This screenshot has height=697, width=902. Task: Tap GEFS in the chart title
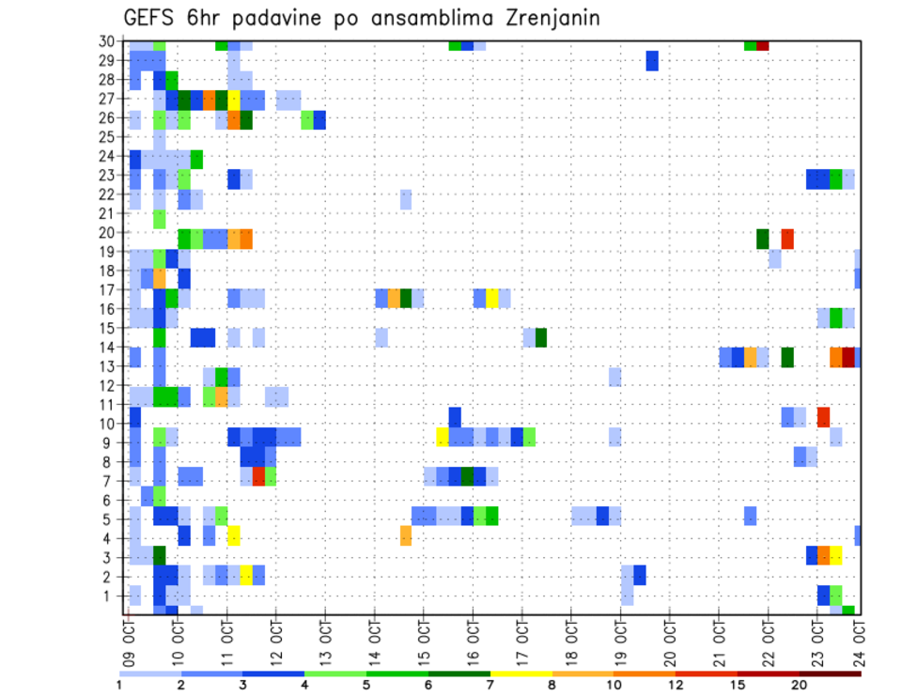(x=152, y=18)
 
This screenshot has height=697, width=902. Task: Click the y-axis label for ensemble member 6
(x=110, y=500)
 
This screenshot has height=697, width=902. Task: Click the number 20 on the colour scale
(x=800, y=685)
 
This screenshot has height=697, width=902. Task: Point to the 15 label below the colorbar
(x=737, y=685)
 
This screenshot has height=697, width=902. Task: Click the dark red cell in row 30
(x=763, y=45)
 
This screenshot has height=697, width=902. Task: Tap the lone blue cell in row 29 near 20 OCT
(x=652, y=61)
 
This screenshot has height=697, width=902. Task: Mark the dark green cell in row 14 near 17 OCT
(x=541, y=337)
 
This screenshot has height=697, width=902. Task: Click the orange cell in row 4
(x=406, y=535)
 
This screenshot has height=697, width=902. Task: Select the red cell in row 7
(x=258, y=476)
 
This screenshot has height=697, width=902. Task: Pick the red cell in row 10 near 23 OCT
(x=823, y=416)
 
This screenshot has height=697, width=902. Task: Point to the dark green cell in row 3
(x=160, y=555)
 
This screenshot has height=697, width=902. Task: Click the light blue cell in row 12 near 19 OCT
(x=614, y=377)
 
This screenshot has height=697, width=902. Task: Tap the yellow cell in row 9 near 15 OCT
(x=443, y=437)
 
